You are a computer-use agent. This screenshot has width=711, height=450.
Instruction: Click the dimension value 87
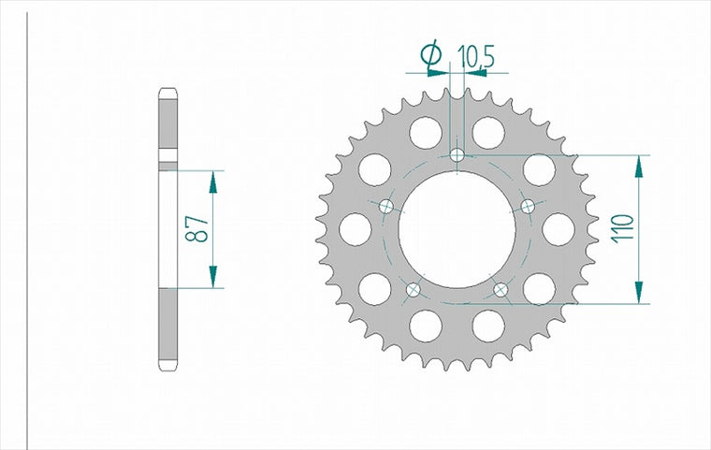(196, 228)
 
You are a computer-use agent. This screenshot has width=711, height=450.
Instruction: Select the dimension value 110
(622, 228)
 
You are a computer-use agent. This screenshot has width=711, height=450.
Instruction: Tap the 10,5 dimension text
(475, 56)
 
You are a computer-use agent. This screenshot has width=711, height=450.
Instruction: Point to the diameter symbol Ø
(430, 54)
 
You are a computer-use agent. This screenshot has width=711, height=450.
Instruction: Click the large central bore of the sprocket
(457, 230)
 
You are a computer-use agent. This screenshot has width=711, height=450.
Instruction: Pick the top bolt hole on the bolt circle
(457, 155)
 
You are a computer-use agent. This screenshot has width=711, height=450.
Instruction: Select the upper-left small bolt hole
(386, 207)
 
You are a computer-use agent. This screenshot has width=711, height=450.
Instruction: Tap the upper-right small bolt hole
(529, 207)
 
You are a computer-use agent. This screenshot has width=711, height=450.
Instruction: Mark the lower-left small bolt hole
(414, 289)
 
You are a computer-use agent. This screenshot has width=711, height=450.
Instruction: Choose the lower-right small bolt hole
(501, 289)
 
